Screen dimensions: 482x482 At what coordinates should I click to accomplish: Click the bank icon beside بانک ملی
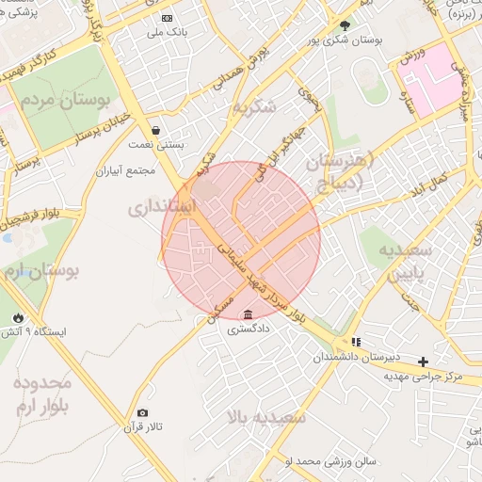(x=168, y=18)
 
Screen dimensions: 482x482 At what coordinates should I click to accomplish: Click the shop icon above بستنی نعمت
(x=155, y=130)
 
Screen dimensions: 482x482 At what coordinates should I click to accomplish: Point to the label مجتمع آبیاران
(x=125, y=171)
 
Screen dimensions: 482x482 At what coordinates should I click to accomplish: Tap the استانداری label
(x=161, y=205)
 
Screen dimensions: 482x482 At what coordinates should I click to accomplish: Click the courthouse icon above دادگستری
(x=248, y=314)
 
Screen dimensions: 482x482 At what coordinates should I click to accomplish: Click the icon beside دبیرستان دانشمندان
(x=356, y=342)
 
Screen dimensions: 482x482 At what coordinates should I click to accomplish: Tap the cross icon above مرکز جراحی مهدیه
(x=424, y=361)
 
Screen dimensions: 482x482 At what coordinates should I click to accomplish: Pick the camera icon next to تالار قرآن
(x=142, y=412)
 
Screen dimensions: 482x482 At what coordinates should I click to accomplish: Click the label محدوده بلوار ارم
(x=41, y=394)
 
